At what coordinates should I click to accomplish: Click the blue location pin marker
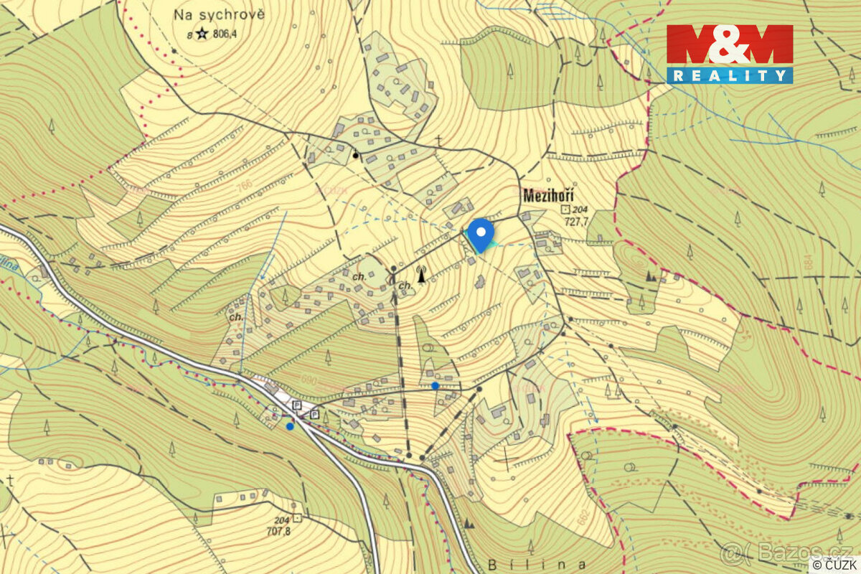[480, 233]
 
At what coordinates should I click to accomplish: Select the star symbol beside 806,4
[202, 32]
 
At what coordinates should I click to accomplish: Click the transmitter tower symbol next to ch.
[422, 275]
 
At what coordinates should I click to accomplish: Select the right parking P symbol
[314, 414]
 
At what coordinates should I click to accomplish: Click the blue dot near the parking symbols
[289, 426]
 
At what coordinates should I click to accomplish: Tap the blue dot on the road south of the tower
[435, 385]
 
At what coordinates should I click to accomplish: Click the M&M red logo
[730, 45]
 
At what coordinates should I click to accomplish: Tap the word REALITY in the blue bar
[730, 75]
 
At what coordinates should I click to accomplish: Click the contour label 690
[309, 379]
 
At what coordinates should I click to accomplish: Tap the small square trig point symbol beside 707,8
[297, 517]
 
